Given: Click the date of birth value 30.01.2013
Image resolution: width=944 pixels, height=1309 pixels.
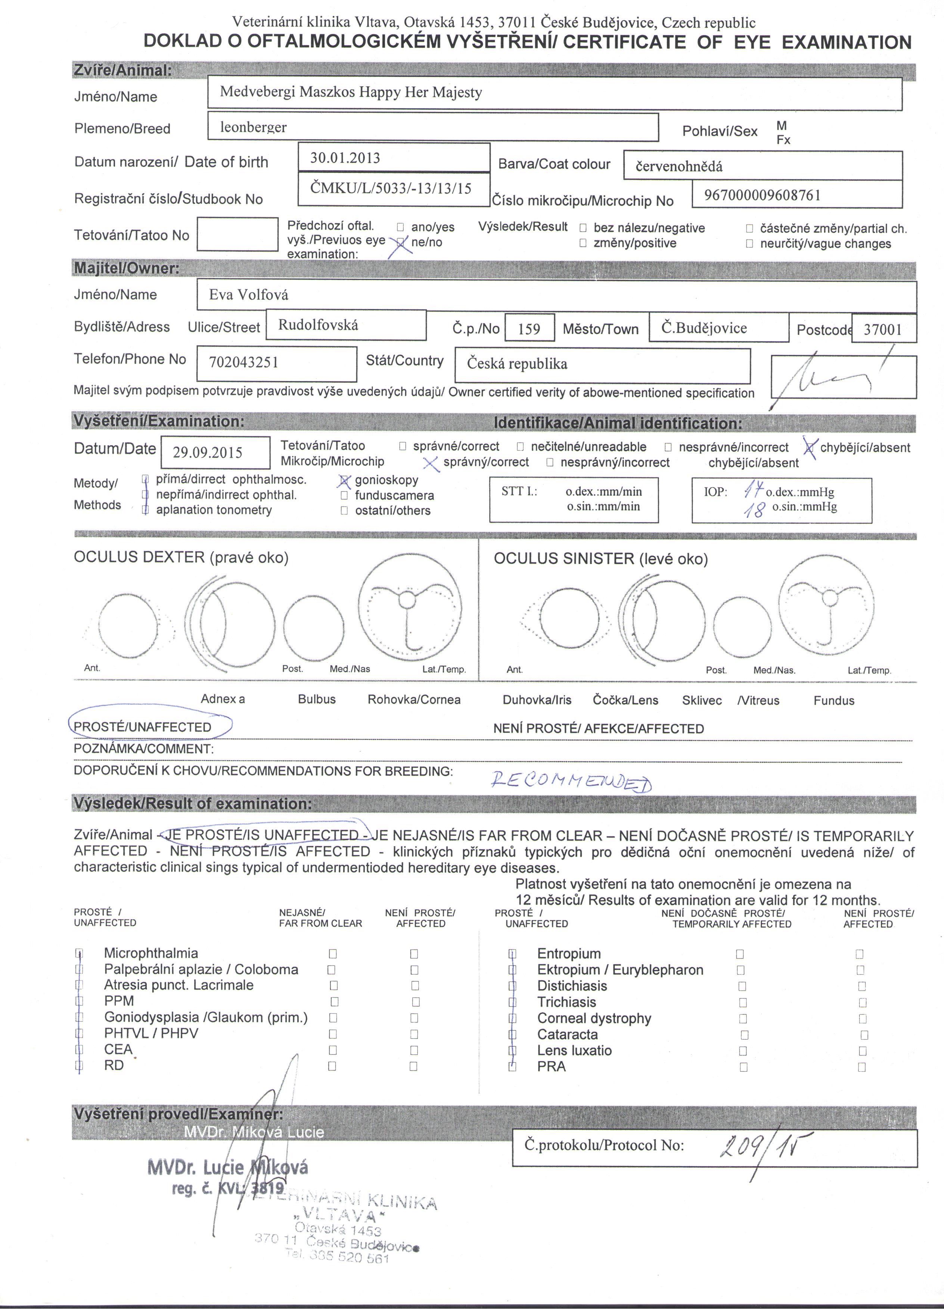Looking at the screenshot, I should coord(345,158).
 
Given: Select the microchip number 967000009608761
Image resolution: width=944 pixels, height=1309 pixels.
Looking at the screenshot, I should coord(762,195).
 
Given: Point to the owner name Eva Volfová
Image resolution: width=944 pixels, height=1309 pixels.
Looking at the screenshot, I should coord(248,295).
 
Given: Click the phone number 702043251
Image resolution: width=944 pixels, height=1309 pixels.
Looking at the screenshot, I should coord(243,362).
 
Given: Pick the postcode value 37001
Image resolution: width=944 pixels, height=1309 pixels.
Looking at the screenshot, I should coord(882,330).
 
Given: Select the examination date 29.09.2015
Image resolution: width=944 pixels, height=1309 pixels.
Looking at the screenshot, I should coord(207,452).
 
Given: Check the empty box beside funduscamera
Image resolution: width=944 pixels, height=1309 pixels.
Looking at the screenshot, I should coord(345,495).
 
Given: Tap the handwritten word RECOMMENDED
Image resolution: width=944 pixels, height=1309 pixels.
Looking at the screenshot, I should coord(571,782).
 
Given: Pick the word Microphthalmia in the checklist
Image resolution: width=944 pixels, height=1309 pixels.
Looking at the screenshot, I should coord(151,953).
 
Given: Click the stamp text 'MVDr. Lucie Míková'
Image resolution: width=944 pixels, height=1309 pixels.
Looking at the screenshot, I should coord(227,1167).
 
